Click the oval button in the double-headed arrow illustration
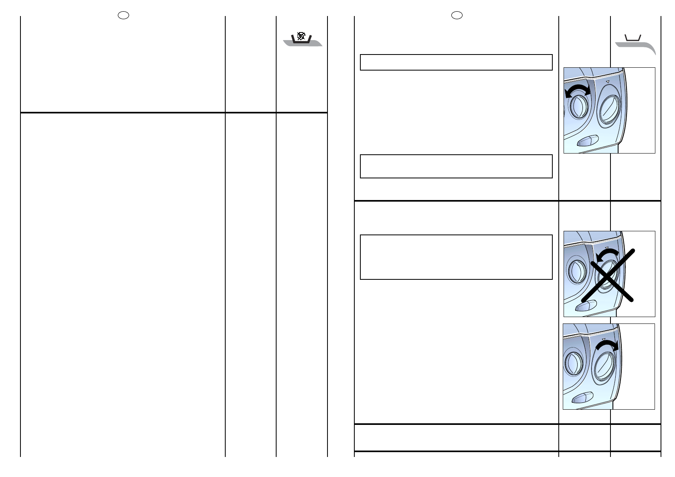click(x=588, y=141)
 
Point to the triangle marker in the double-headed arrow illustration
click(x=607, y=82)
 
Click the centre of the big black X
click(x=607, y=275)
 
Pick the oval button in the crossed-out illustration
click(x=586, y=306)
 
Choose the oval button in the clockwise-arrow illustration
click(x=582, y=398)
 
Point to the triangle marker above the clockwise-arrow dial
click(x=603, y=340)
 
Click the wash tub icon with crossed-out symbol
click(x=301, y=39)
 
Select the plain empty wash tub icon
click(x=633, y=38)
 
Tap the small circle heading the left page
click(x=123, y=15)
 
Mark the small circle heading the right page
click(x=457, y=15)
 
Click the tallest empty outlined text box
click(x=456, y=257)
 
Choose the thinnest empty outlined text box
click(x=456, y=63)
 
